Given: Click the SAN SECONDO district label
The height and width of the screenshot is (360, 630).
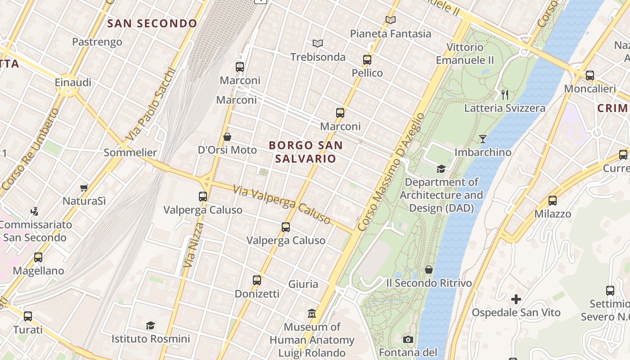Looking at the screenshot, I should tap(152, 23).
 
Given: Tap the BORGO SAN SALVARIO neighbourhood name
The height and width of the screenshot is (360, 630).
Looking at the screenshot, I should tap(306, 152).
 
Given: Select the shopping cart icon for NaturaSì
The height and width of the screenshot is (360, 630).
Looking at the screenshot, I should tap(84, 188).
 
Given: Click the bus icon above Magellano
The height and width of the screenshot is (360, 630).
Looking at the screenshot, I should tap(38, 257).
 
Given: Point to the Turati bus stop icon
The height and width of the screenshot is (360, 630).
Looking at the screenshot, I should tap(28, 316).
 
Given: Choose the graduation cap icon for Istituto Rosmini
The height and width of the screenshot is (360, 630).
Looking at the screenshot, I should tap(151, 325).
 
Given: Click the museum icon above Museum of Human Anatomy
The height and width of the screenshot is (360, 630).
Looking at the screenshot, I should tap(312, 313).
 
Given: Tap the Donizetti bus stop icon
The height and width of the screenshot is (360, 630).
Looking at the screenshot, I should tap(257, 280).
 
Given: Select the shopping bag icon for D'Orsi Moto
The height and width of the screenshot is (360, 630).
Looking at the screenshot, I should tap(227, 137).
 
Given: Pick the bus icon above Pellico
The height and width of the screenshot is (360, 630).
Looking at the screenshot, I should tap(367, 59).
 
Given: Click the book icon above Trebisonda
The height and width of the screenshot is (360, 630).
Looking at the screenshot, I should tap(318, 44).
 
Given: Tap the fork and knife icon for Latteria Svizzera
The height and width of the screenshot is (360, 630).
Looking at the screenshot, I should tap(505, 94).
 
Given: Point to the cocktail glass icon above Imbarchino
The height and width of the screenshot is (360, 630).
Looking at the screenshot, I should tap(483, 139).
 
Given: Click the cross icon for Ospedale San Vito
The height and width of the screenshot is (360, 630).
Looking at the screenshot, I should tap(516, 299).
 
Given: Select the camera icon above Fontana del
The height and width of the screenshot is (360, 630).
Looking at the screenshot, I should tap(408, 339).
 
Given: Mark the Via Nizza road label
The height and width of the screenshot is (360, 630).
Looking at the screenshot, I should tap(191, 245).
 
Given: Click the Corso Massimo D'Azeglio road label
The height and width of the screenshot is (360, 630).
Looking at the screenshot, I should tap(391, 172).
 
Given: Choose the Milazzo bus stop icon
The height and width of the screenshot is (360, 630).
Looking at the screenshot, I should tap(553, 201).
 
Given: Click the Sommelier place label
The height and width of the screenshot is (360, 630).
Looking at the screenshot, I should tap(130, 153).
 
